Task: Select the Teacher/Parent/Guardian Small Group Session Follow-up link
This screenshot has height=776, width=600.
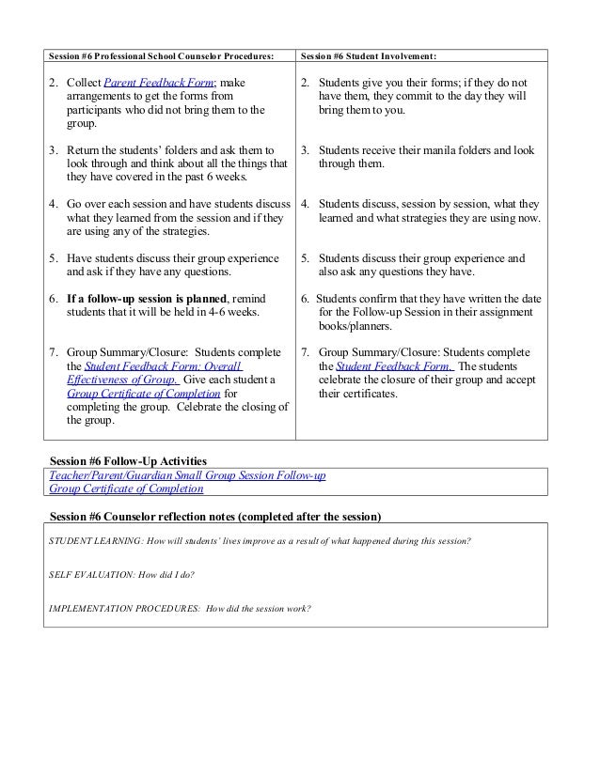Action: [x=187, y=476]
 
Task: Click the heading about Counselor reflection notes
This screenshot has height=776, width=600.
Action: [x=215, y=517]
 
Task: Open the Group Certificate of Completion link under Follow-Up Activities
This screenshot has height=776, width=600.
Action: [x=126, y=489]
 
